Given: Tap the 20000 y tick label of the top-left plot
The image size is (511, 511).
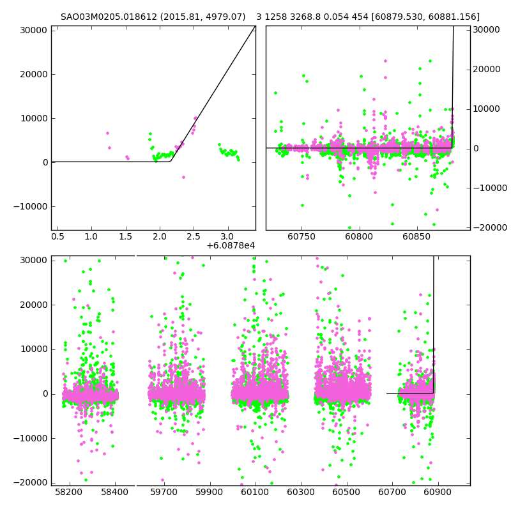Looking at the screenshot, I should click(33, 74).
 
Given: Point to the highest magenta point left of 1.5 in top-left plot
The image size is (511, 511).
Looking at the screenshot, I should click(107, 133).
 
